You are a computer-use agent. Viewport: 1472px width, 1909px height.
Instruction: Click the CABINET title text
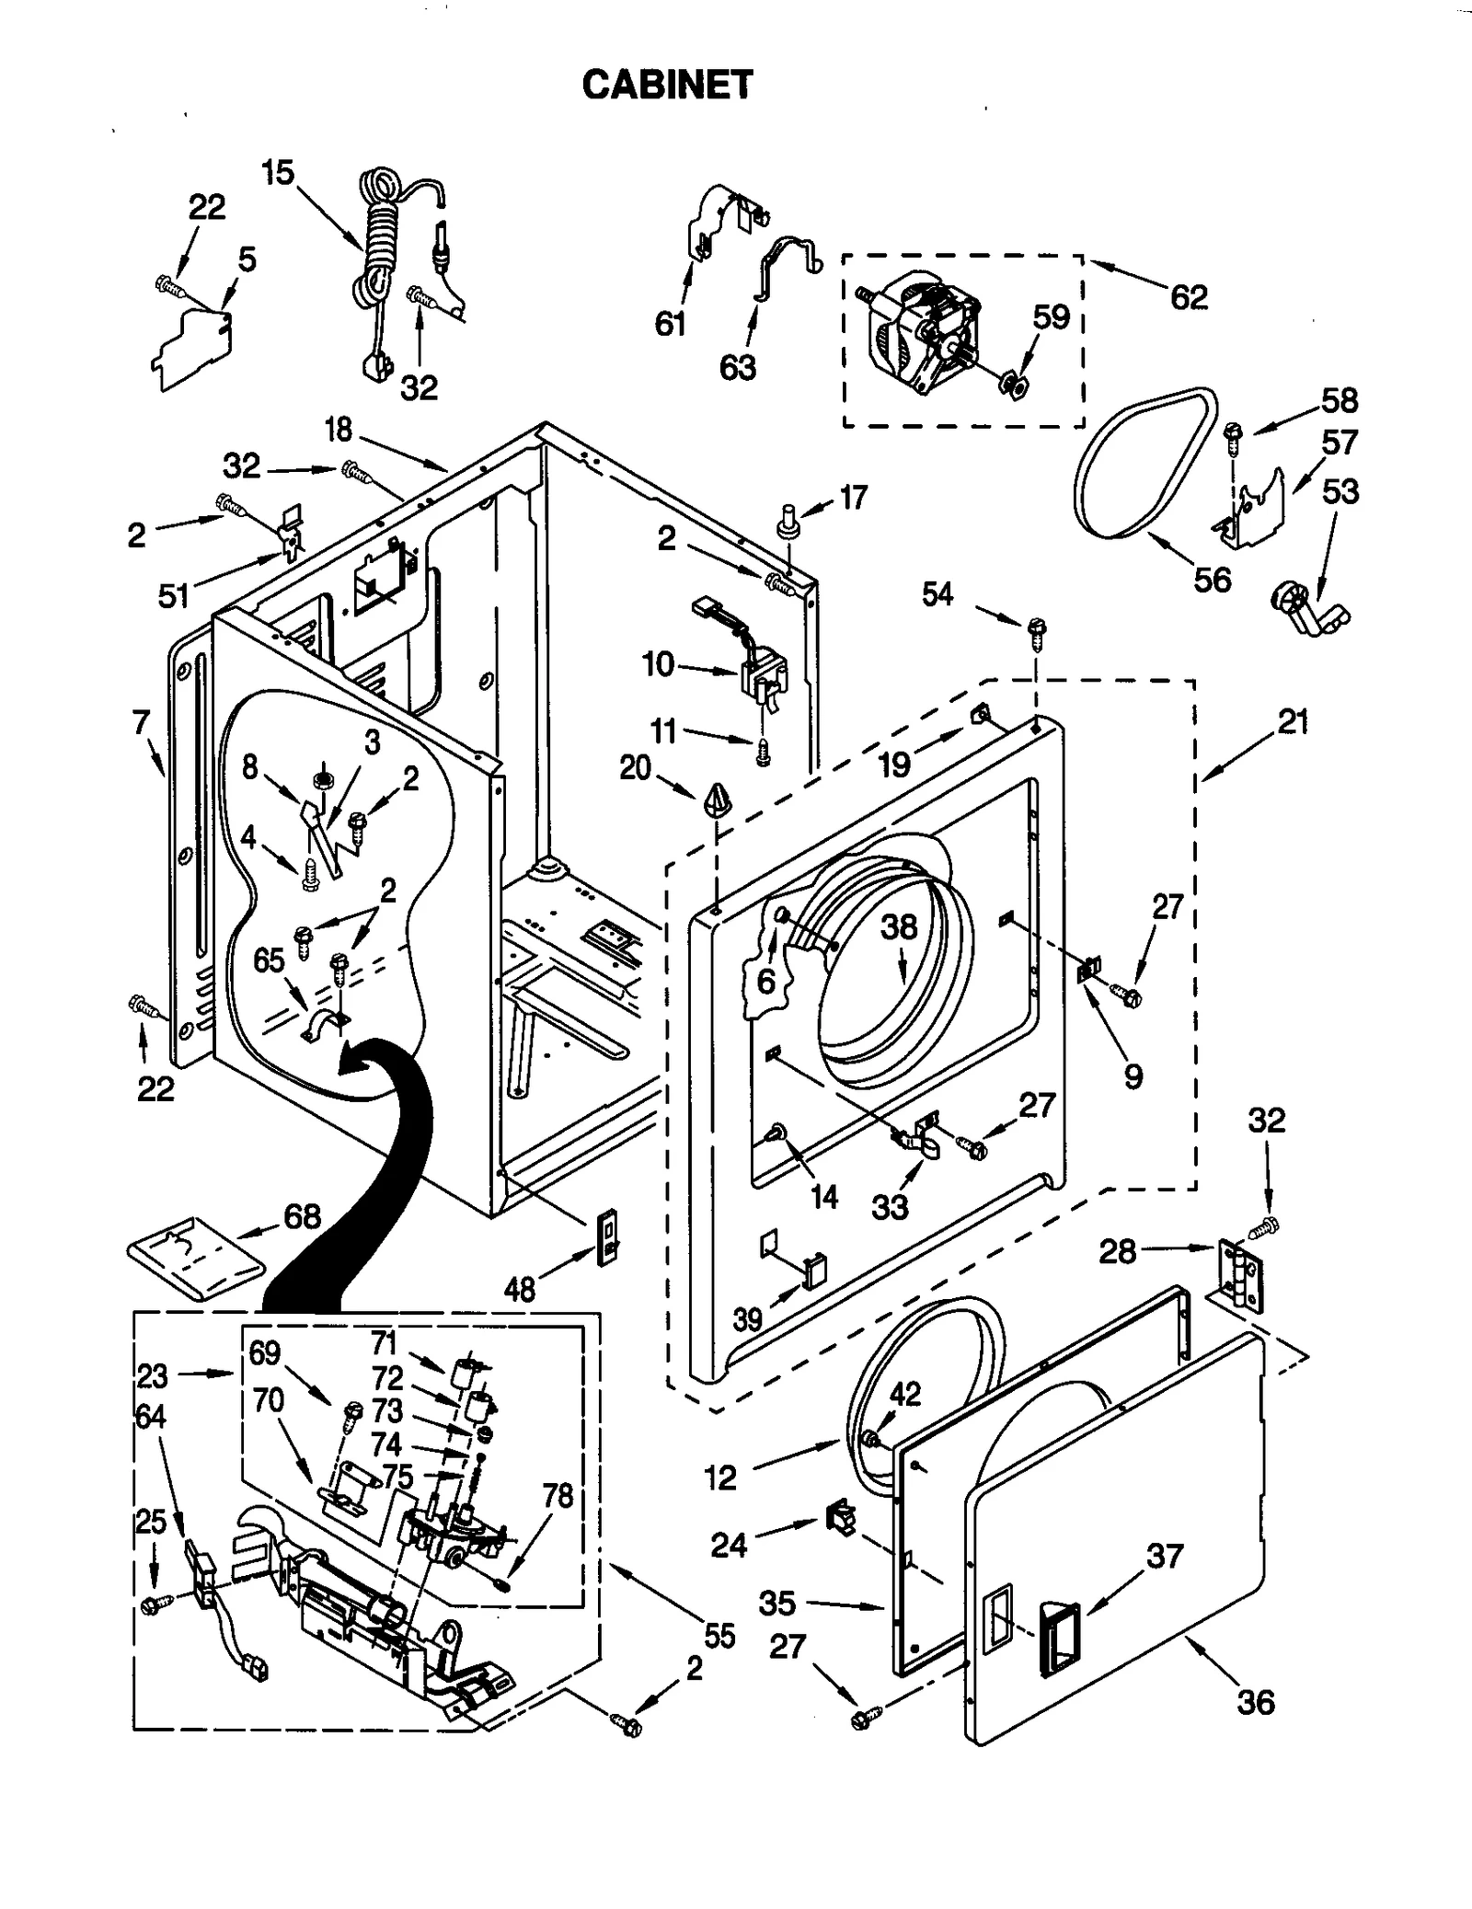click(667, 85)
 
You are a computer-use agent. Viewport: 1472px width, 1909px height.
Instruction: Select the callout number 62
click(1188, 297)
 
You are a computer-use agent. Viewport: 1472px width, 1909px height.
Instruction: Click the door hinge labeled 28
click(1241, 1273)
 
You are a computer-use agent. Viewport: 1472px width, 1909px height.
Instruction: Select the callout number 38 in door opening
click(899, 927)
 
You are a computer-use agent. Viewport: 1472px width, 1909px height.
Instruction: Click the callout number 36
click(1256, 1702)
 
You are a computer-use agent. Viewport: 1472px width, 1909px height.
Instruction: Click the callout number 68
click(302, 1216)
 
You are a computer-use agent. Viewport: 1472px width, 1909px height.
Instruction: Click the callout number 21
click(1293, 722)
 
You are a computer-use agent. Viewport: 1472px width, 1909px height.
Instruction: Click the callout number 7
click(140, 723)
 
